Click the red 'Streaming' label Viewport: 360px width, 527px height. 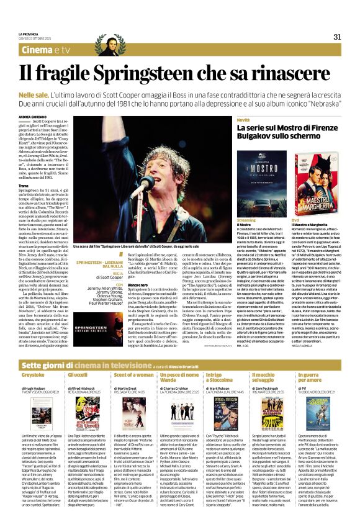[x=246, y=219]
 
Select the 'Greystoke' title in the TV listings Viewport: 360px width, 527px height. [x=33, y=358]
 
